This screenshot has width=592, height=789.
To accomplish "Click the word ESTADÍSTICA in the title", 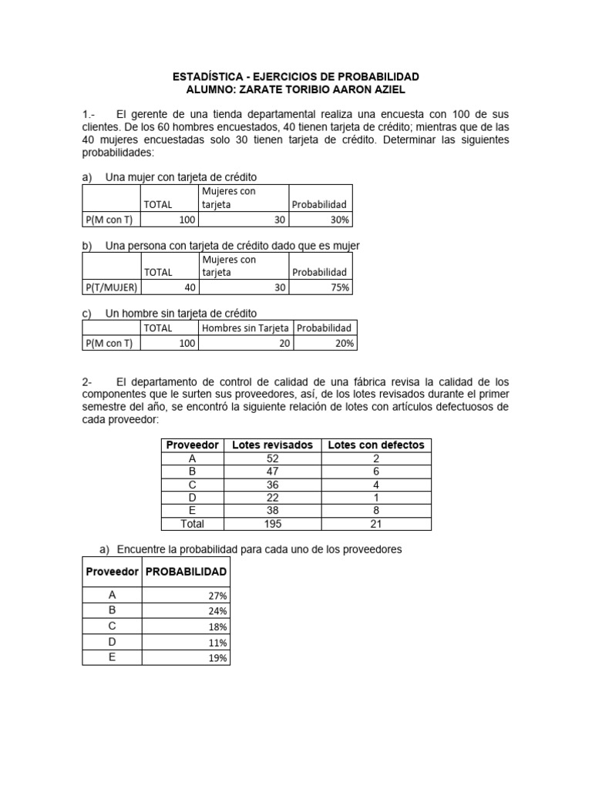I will [x=208, y=77].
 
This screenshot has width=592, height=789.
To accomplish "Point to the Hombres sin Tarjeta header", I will [x=246, y=328].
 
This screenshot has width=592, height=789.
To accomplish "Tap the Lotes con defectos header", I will [x=375, y=445].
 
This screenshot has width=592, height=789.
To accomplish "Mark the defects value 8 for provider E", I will [x=375, y=510].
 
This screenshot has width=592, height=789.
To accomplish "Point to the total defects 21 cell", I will [x=375, y=524].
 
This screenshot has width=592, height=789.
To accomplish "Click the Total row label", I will [x=192, y=524].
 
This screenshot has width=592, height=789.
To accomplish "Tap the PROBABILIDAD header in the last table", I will [x=186, y=572].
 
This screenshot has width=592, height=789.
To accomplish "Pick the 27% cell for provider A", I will [x=217, y=596].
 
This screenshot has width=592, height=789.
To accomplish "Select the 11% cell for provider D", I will [x=217, y=643].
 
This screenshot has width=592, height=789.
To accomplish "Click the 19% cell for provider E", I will [x=217, y=658].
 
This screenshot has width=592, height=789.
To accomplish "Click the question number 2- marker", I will [x=87, y=382].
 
